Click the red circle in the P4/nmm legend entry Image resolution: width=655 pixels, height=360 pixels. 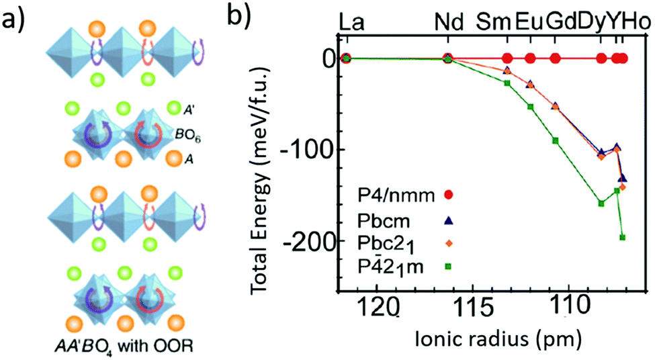tap(449, 196)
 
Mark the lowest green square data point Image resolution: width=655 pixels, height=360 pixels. tap(623, 237)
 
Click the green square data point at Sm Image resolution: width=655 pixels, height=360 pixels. tap(507, 83)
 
